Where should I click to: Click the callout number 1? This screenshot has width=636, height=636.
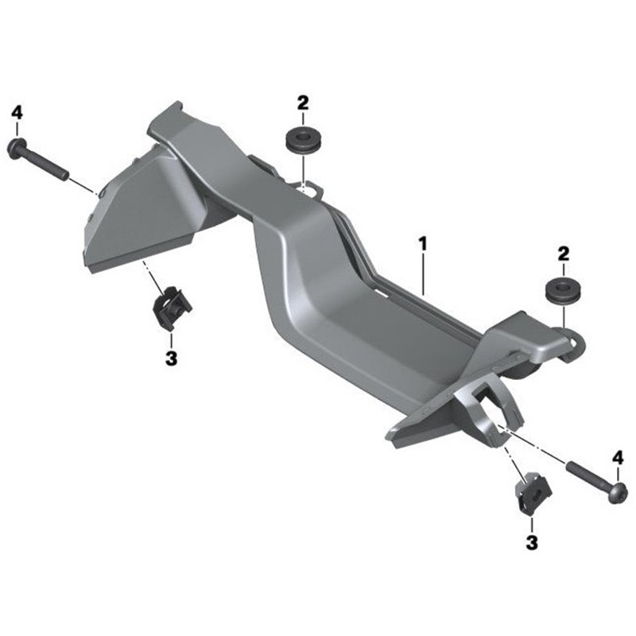click(423, 245)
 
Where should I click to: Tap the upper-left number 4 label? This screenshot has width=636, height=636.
click(17, 112)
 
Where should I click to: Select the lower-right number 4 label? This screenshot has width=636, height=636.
click(618, 459)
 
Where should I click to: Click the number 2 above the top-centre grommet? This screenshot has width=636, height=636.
click(303, 103)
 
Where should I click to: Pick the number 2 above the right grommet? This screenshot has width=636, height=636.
click(564, 254)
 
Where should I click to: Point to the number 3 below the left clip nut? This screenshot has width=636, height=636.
click(171, 359)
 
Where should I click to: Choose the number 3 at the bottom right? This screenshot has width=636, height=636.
click(531, 543)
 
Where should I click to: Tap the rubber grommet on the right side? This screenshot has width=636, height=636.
click(563, 290)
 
